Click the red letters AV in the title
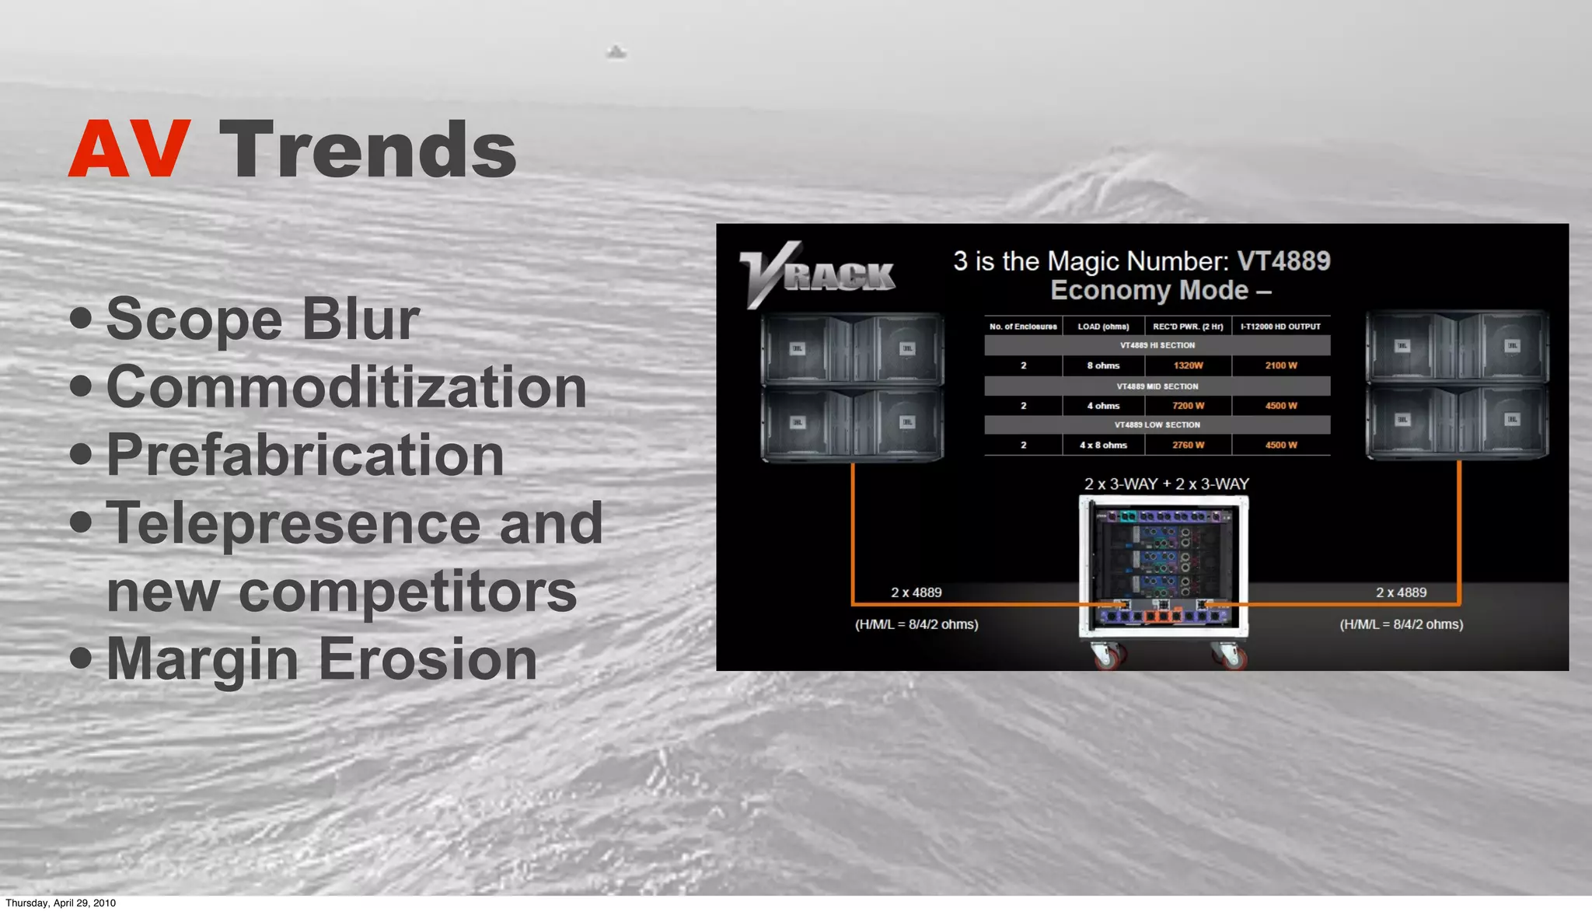coord(129,149)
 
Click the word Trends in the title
coord(368,149)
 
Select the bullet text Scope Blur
coord(263,319)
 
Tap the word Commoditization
coord(346,387)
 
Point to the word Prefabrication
coord(305,455)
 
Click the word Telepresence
coord(293,523)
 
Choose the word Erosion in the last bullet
coord(428,659)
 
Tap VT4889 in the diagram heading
coord(1283,261)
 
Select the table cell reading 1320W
coord(1188,365)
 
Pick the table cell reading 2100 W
coord(1280,365)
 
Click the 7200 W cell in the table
coord(1188,406)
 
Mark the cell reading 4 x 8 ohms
coord(1103,446)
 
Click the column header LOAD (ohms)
coord(1103,327)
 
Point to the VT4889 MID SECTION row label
coord(1157,386)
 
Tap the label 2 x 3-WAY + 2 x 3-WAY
coord(1166,484)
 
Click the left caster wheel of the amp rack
coord(1107,657)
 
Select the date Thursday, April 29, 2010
coord(61,903)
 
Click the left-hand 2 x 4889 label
coord(916,592)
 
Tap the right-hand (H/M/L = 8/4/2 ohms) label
coord(1401,624)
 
